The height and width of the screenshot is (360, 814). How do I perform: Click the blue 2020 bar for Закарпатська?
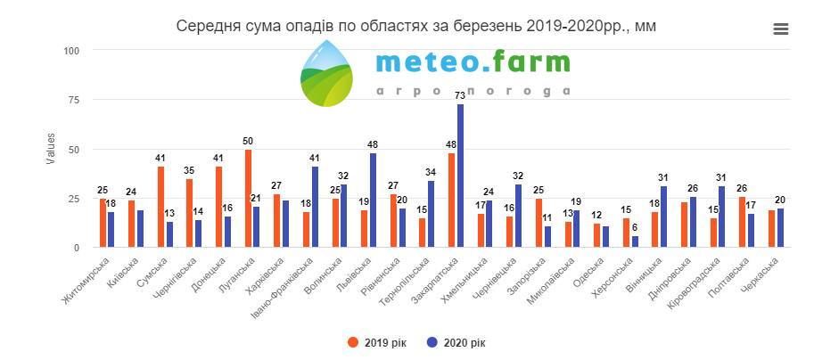pyautogui.click(x=460, y=176)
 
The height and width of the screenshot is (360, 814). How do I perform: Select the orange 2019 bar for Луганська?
pyautogui.click(x=248, y=199)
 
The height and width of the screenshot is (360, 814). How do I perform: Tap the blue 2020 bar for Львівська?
pyautogui.click(x=373, y=200)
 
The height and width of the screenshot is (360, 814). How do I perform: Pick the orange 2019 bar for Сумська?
pyautogui.click(x=161, y=207)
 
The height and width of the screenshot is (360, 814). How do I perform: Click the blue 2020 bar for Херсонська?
pyautogui.click(x=635, y=241)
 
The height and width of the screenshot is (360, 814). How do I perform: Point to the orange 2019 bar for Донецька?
pyautogui.click(x=219, y=207)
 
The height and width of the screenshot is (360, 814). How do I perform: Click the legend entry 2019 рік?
pyautogui.click(x=377, y=342)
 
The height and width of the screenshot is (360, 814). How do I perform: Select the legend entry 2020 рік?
pyautogui.click(x=456, y=342)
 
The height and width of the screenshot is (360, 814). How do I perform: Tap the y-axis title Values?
pyautogui.click(x=51, y=149)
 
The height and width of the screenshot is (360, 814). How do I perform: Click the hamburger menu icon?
pyautogui.click(x=781, y=29)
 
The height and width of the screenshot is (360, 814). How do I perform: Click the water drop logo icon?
pyautogui.click(x=326, y=73)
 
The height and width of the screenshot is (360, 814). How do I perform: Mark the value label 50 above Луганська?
pyautogui.click(x=249, y=141)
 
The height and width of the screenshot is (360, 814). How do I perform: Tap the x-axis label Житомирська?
pyautogui.click(x=86, y=279)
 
